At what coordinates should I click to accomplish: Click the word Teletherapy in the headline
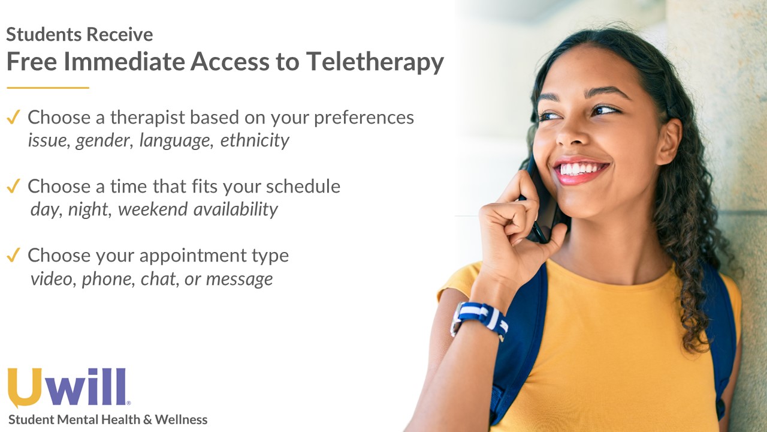[x=375, y=62]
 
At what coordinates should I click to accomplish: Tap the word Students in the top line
[x=44, y=34]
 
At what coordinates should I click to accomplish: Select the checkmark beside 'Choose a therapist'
[x=13, y=117]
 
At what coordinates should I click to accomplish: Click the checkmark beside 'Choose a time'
[x=13, y=186]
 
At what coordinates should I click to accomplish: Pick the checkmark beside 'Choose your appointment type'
[x=13, y=255]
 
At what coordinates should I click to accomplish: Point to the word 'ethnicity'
[x=255, y=140]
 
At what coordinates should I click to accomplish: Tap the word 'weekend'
[x=153, y=209]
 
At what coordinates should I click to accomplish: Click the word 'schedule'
[x=303, y=186]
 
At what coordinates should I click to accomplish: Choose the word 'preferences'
[x=364, y=118]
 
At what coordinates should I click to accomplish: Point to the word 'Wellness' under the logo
[x=181, y=419]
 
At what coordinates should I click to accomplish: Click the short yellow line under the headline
[x=48, y=88]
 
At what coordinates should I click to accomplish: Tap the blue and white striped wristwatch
[x=480, y=319]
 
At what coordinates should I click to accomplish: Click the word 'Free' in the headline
[x=32, y=62]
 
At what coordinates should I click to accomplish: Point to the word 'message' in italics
[x=239, y=279]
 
